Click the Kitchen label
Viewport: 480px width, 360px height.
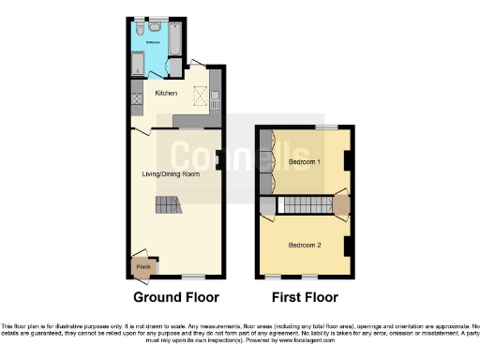click(153, 93)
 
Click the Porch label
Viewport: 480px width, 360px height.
click(142, 267)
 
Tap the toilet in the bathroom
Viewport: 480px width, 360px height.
click(139, 32)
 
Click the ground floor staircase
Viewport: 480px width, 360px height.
click(166, 205)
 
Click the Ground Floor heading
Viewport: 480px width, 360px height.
click(176, 297)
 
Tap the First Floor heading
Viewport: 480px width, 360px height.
click(305, 297)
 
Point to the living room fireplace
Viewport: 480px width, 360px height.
click(218, 160)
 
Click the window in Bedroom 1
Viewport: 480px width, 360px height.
click(325, 127)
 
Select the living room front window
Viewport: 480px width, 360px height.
click(194, 277)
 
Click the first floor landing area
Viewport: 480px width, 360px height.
click(339, 204)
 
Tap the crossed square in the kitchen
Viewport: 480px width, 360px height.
click(199, 94)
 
